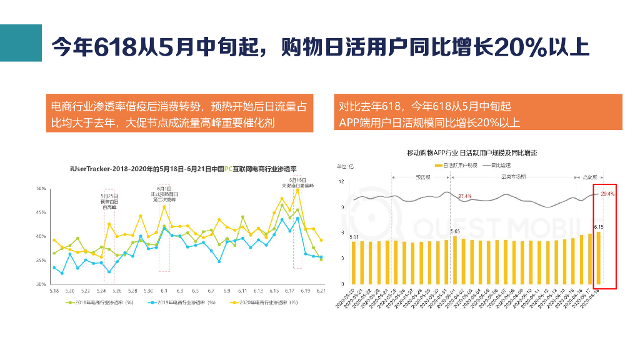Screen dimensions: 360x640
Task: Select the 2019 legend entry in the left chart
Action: pos(182,302)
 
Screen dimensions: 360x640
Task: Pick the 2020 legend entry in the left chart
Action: pos(263,302)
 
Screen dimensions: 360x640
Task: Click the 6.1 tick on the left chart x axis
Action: pos(164,291)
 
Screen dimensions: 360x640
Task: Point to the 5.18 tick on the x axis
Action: pos(54,291)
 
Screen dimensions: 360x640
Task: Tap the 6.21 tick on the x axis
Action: pos(321,291)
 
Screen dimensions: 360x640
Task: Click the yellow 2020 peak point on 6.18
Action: pos(297,189)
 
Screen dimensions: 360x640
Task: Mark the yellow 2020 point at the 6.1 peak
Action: pos(164,207)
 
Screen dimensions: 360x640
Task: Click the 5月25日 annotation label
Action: pos(109,196)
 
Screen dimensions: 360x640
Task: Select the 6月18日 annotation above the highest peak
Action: pos(297,182)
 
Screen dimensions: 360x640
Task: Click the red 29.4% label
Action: pos(607,194)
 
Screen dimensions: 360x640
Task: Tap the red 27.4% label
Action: pos(464,197)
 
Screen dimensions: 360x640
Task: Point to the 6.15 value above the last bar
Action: pos(598,226)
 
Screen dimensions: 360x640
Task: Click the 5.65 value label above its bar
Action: pos(455,231)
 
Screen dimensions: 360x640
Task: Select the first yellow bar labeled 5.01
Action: pos(354,262)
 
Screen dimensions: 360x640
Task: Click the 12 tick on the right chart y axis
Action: pos(342,181)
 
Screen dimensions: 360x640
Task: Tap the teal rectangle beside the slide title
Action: pos(21,43)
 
